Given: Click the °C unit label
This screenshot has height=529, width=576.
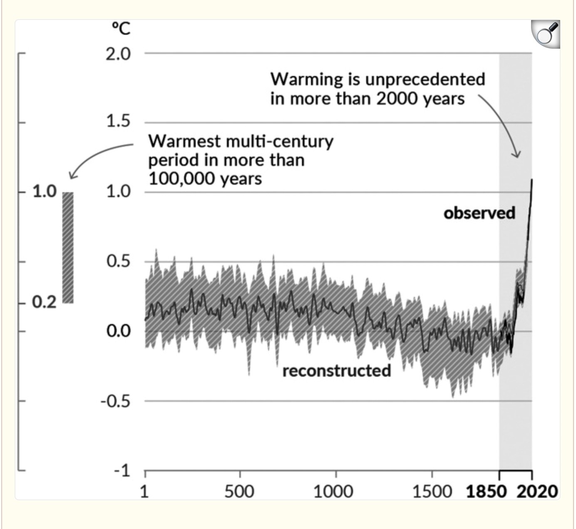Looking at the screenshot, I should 121,29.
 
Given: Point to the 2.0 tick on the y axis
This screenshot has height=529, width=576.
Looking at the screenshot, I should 118,54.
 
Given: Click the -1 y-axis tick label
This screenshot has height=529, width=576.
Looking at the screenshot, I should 122,471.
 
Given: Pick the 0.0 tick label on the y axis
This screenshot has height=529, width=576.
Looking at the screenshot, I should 118,331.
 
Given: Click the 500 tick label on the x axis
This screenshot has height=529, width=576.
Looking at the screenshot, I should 239,492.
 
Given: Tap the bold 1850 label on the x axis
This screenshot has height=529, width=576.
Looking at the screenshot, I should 486,492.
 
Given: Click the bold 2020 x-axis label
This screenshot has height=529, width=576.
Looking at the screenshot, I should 537,492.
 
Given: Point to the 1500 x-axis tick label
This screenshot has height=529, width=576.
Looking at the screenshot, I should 432,492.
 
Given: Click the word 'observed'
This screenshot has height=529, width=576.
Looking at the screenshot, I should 479,213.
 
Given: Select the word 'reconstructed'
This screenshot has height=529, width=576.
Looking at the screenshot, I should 337,370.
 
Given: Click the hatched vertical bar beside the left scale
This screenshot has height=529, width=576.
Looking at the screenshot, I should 68,248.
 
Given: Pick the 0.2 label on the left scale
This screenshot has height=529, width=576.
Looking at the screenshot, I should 44,303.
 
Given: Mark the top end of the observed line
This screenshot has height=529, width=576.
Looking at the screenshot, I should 532,180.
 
